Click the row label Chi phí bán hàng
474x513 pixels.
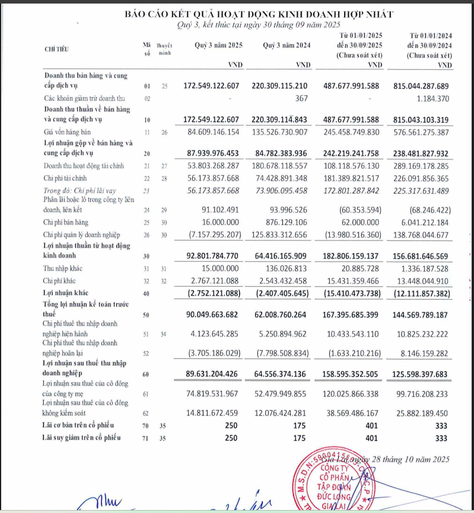coord(66,222)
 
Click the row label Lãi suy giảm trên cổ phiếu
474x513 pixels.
coord(82,437)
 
